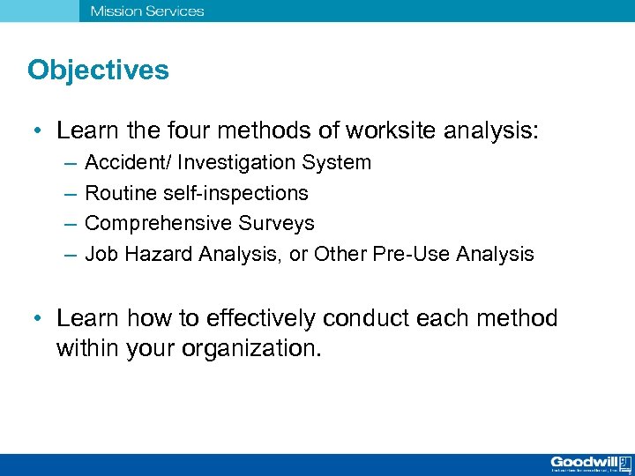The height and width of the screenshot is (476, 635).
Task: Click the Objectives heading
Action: click(98, 71)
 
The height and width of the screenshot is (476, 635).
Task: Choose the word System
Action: click(337, 163)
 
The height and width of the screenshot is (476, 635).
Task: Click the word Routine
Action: click(116, 193)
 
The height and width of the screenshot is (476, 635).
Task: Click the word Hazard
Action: click(158, 255)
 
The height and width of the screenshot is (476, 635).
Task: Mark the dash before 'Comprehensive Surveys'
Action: click(70, 224)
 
